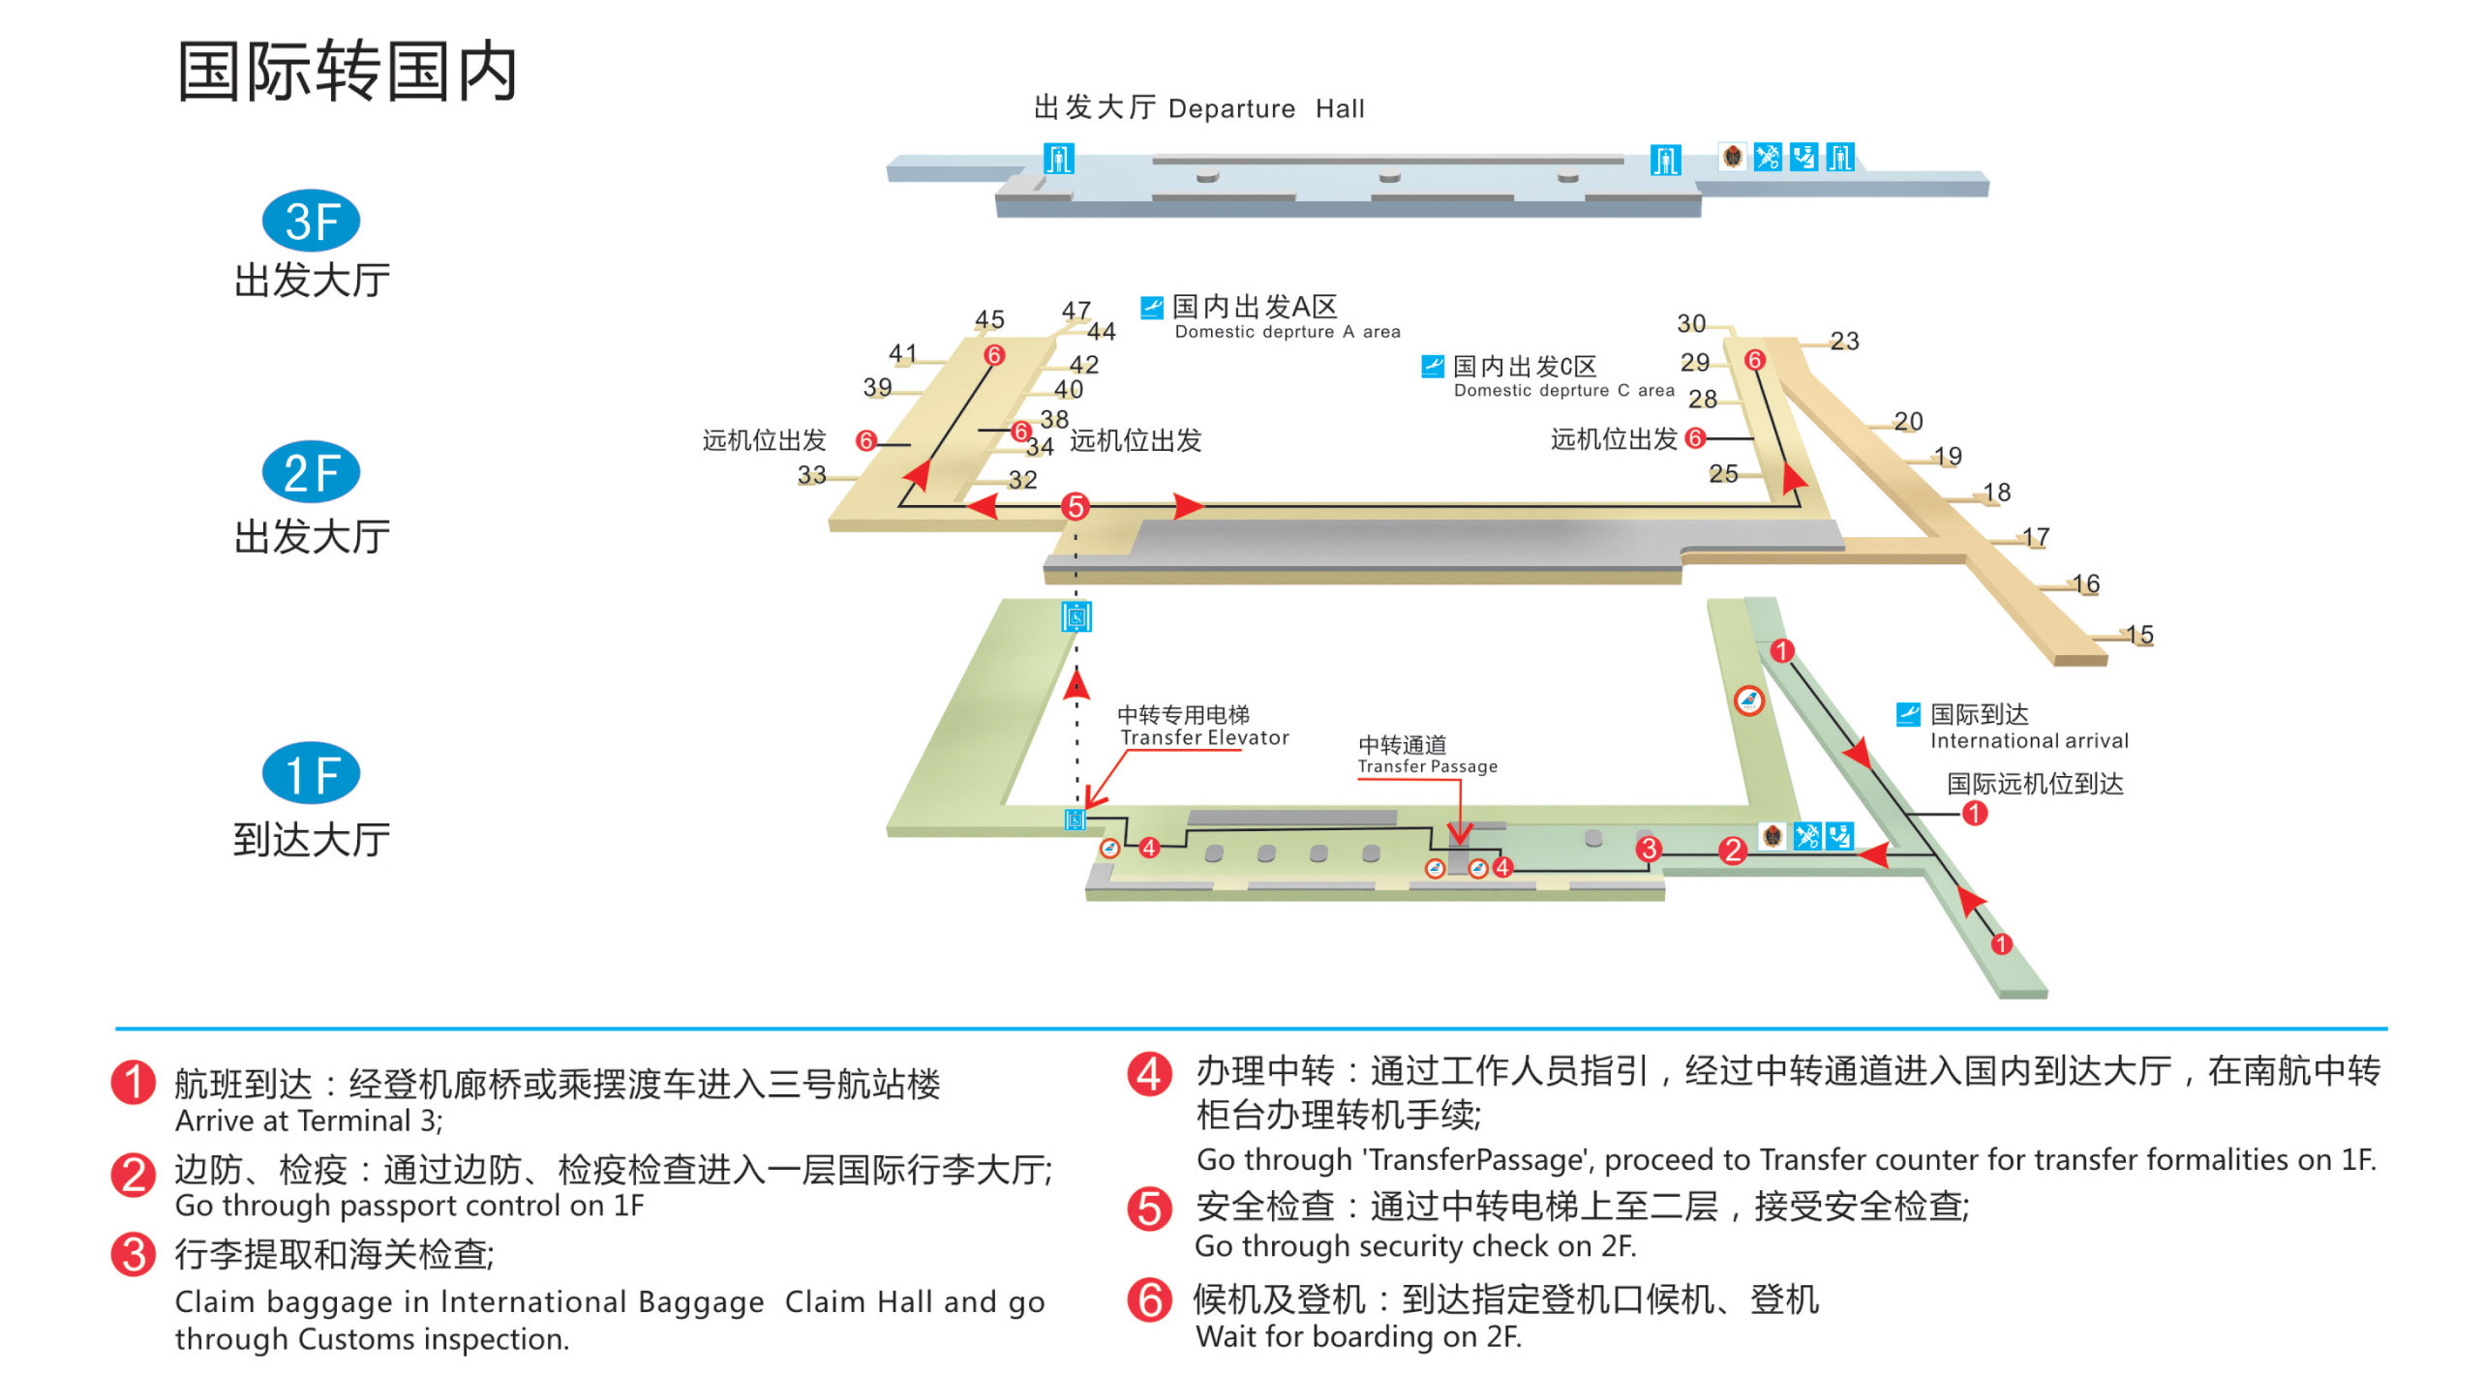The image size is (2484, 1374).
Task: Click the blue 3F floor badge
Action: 311,221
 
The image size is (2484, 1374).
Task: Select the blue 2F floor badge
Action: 311,472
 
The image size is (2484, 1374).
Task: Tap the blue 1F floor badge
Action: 311,773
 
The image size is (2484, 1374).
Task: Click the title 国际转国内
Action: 348,72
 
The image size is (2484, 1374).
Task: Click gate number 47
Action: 1075,310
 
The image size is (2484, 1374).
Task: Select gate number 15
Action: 2139,634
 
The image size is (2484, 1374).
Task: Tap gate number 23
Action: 1844,340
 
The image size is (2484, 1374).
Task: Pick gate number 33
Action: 811,474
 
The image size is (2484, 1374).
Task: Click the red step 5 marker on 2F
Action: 1075,506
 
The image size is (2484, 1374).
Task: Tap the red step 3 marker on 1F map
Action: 1649,849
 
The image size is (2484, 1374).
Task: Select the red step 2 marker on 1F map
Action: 1732,851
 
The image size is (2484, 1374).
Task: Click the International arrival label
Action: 2028,740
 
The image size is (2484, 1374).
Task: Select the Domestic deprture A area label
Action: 1287,332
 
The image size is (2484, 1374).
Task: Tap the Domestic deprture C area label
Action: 1563,390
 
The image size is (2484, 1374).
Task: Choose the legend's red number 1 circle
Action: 134,1082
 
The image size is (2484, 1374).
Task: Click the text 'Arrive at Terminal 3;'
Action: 309,1120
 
